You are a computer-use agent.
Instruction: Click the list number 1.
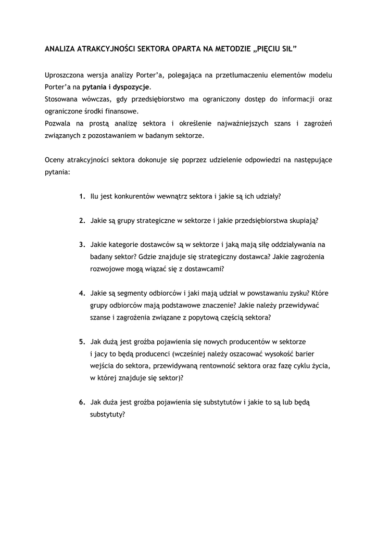[82, 197]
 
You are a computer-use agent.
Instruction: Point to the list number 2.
[82, 220]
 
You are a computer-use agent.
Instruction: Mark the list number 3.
[82, 244]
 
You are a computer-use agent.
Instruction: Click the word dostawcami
[206, 269]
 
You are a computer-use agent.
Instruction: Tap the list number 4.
[82, 293]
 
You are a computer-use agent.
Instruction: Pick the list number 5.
[82, 341]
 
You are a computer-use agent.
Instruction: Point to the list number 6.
[82, 402]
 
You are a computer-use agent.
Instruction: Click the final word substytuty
[107, 415]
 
